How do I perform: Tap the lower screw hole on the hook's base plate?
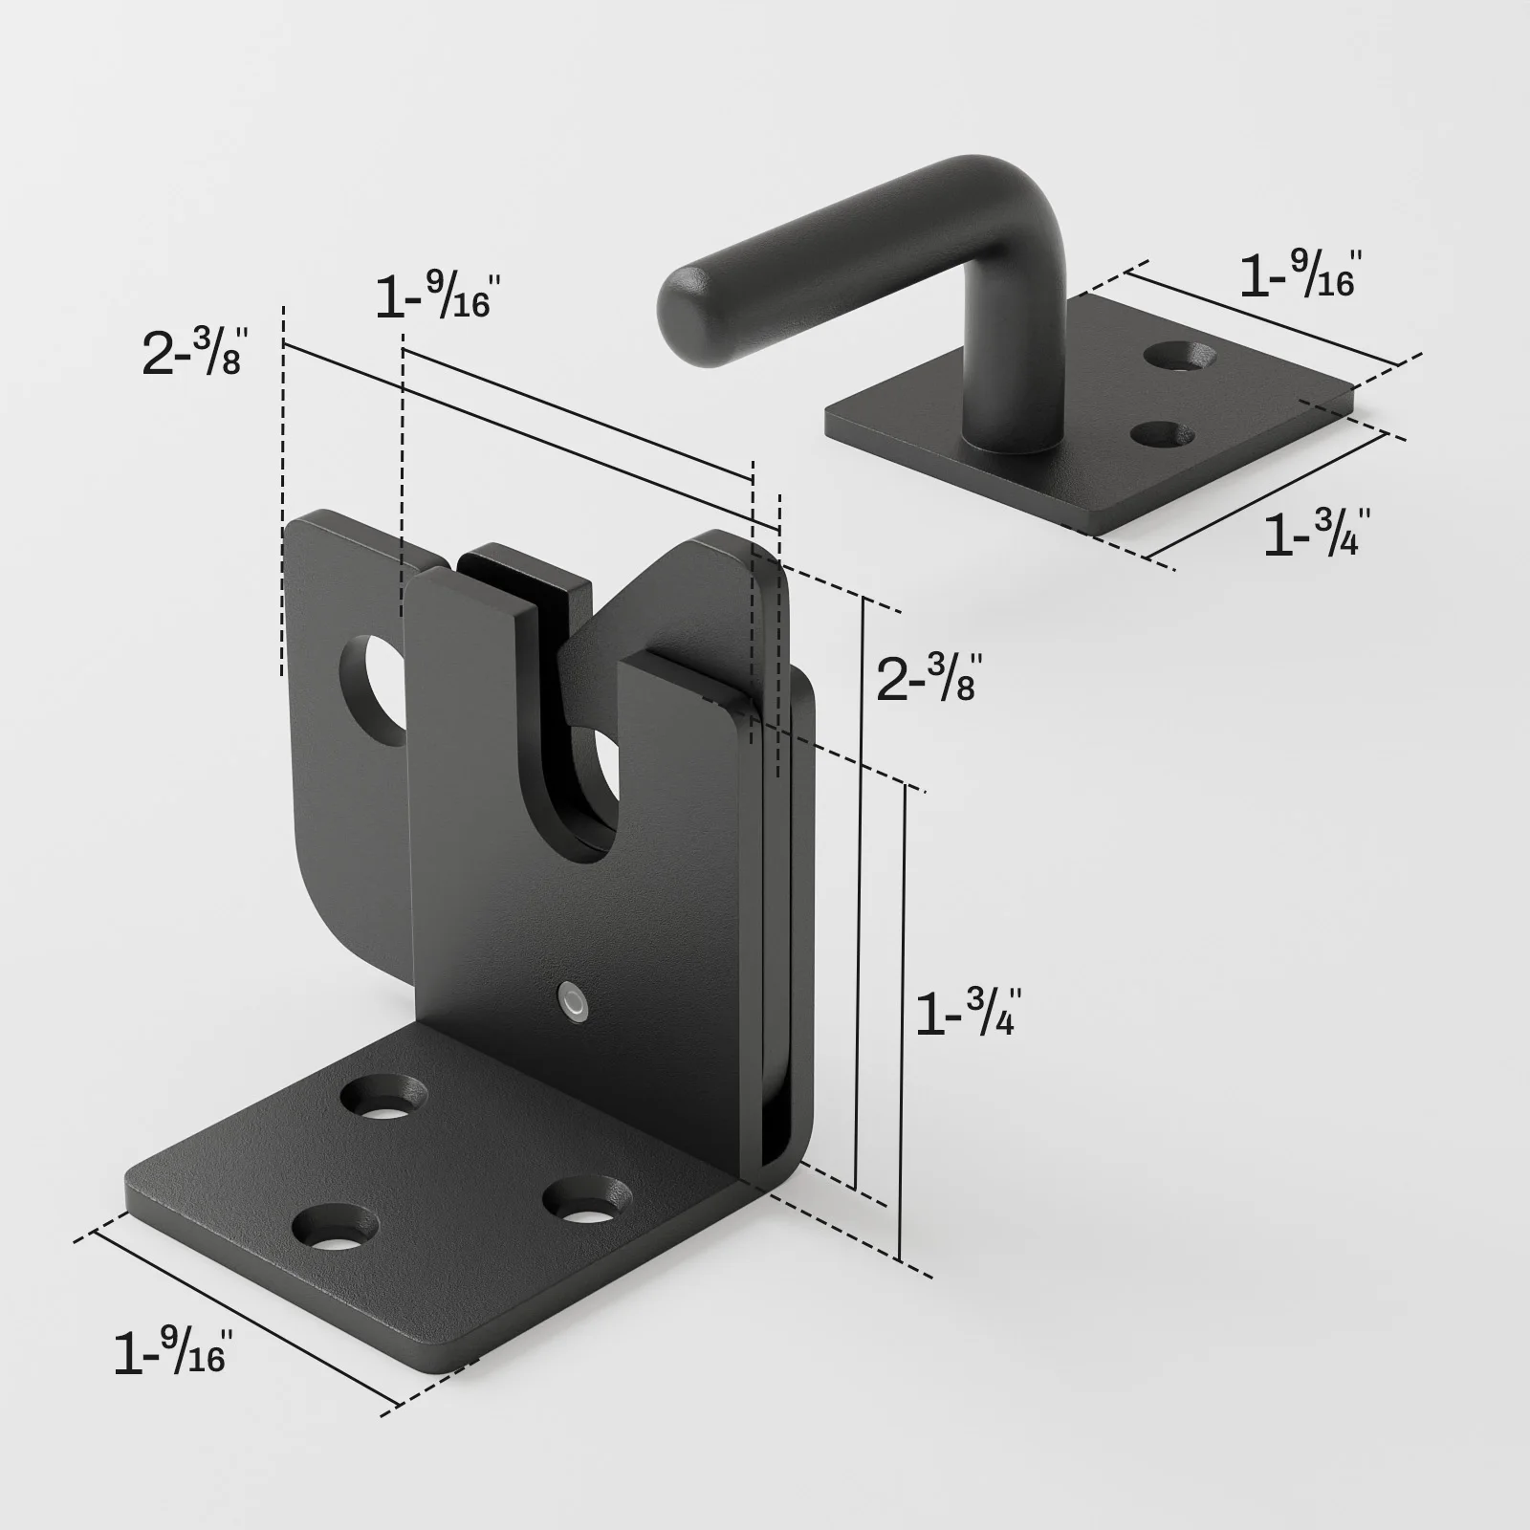(x=1163, y=435)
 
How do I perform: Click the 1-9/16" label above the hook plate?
(x=1299, y=275)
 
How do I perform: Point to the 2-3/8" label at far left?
(x=194, y=350)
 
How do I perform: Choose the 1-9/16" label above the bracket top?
(x=433, y=295)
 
